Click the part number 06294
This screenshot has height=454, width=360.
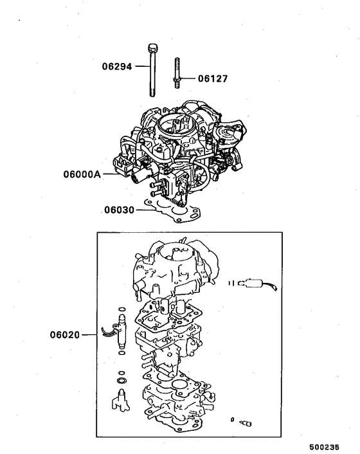click(117, 66)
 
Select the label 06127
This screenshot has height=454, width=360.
click(213, 79)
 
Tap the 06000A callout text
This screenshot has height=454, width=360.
click(82, 174)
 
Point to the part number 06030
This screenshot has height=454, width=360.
click(118, 210)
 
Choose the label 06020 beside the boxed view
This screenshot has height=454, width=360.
click(65, 334)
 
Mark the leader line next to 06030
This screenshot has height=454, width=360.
click(139, 210)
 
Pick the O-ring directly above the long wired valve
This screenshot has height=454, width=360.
click(121, 309)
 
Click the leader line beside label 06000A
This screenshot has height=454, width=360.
click(109, 174)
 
